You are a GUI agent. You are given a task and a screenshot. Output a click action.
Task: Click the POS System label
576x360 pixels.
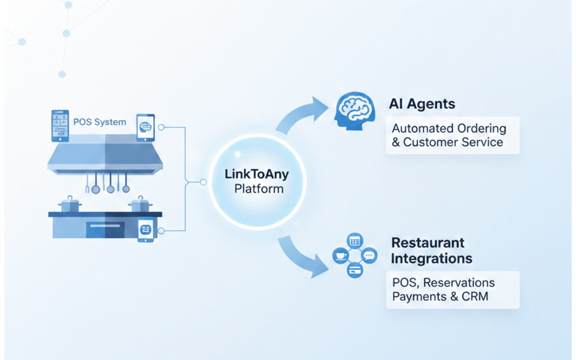pyautogui.click(x=100, y=122)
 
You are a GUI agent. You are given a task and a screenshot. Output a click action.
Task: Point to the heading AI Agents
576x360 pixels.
pyautogui.click(x=422, y=103)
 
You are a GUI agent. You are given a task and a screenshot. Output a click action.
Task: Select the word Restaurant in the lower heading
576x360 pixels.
pyautogui.click(x=428, y=243)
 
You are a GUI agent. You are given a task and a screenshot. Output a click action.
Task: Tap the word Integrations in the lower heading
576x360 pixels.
pyautogui.click(x=431, y=259)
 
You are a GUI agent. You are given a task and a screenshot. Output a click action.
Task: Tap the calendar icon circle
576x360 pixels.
pyautogui.click(x=355, y=241)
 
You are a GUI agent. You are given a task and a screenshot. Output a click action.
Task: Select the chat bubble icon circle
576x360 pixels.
pyautogui.click(x=369, y=255)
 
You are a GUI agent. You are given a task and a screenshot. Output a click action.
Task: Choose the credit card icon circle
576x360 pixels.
pyautogui.click(x=354, y=270)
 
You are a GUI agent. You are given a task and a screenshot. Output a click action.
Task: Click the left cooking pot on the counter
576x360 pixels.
pyautogui.click(x=70, y=205)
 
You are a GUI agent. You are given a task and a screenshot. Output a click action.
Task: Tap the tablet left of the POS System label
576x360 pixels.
pyautogui.click(x=60, y=126)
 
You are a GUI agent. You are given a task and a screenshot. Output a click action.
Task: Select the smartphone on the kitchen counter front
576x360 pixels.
pyautogui.click(x=146, y=231)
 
